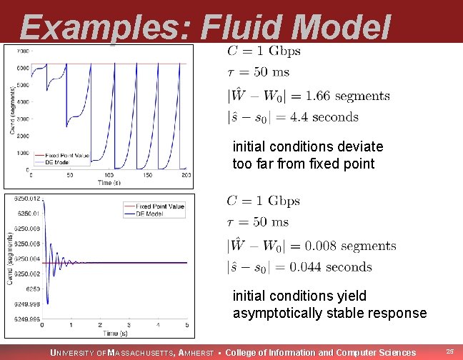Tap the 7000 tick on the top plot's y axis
click(23, 51)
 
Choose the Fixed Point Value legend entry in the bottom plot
click(163, 206)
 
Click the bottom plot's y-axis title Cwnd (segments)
click(9, 257)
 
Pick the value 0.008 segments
click(350, 246)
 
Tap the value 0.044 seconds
click(339, 267)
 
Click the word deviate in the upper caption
click(359, 146)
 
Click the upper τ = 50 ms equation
click(258, 72)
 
